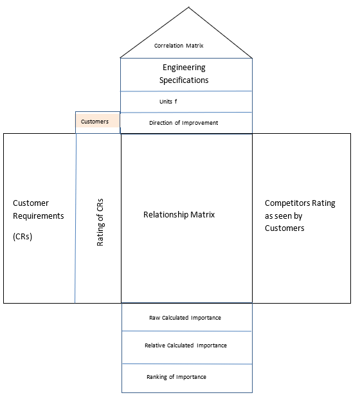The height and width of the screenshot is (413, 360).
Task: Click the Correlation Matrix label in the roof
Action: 179,46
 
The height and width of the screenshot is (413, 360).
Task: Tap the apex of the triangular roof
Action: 189,7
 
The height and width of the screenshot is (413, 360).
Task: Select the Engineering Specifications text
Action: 185,74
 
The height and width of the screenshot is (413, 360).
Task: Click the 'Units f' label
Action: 168,102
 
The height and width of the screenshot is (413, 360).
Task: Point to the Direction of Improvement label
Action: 183,122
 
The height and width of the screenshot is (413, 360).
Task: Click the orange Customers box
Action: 96,121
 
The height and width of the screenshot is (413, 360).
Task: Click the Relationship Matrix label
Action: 179,214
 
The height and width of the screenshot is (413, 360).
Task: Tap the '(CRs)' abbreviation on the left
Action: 22,236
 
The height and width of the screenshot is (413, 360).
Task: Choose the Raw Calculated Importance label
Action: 185,318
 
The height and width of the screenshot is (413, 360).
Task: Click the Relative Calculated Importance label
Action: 185,345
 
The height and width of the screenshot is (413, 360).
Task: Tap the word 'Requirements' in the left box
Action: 39,216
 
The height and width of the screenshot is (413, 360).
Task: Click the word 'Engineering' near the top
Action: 185,68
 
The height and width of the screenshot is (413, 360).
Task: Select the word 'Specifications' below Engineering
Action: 185,80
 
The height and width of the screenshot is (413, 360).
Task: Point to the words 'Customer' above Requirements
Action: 31,203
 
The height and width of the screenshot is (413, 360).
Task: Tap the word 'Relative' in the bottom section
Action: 156,345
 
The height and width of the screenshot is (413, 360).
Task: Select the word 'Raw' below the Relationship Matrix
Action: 155,318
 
